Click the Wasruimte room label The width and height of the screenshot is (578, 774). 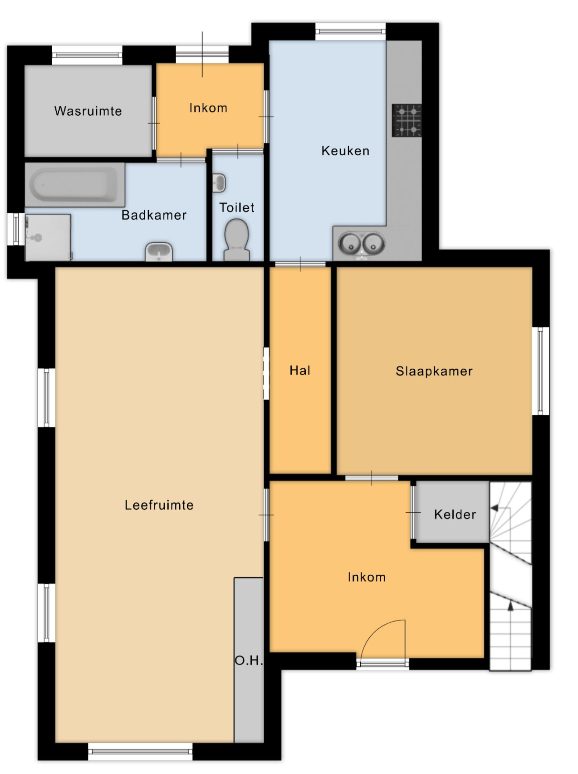pos(88,111)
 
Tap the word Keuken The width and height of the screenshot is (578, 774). pos(345,151)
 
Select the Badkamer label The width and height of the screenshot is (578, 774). pos(154,215)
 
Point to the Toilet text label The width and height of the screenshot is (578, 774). pos(237,207)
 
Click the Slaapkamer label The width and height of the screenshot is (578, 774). pos(434,371)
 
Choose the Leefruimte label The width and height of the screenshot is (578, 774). pos(159,505)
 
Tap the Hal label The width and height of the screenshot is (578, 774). pos(300,371)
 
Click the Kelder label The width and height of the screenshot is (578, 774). pos(455,515)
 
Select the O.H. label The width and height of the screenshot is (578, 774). pos(249,660)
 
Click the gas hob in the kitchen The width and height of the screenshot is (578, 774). pos(407,120)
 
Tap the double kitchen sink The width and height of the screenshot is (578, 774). pos(362,243)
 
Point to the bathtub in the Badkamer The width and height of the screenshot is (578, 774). pos(75,184)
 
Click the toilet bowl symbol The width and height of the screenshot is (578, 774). pos(237,240)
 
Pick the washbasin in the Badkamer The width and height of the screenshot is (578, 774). pos(159,252)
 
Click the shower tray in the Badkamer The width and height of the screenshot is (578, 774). pos(48,237)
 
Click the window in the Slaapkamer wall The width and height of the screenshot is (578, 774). pos(543,371)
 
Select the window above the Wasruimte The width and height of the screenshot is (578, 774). pos(87,55)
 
